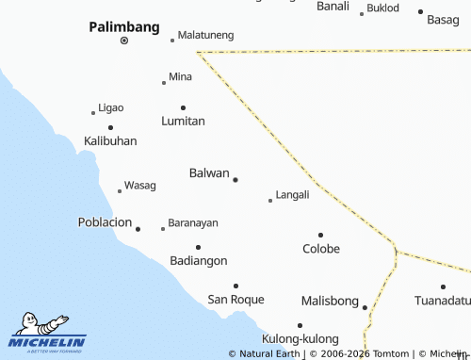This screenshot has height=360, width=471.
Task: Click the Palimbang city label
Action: pyautogui.click(x=124, y=27)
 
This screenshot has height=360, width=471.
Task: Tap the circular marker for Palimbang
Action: pyautogui.click(x=124, y=42)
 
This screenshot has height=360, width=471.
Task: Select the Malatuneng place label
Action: pyautogui.click(x=205, y=35)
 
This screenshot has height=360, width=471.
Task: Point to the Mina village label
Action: pyautogui.click(x=180, y=76)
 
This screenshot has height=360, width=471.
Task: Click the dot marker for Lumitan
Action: pyautogui.click(x=183, y=107)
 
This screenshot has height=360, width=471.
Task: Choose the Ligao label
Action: pyautogui.click(x=111, y=107)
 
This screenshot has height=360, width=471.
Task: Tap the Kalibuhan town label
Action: pyautogui.click(x=110, y=140)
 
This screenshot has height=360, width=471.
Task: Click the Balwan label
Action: pyautogui.click(x=209, y=173)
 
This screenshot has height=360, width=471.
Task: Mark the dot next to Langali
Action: pyautogui.click(x=270, y=200)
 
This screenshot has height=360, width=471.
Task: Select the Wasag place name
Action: pyautogui.click(x=140, y=186)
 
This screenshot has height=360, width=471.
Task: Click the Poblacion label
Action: pyautogui.click(x=105, y=222)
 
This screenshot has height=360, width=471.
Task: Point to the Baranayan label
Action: pyautogui.click(x=193, y=223)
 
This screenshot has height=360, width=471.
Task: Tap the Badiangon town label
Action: pyautogui.click(x=198, y=260)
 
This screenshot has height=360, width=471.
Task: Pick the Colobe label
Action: pyautogui.click(x=321, y=249)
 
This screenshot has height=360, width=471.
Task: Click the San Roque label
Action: pyautogui.click(x=235, y=300)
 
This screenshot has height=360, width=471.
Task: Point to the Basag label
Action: pyautogui.click(x=443, y=19)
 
